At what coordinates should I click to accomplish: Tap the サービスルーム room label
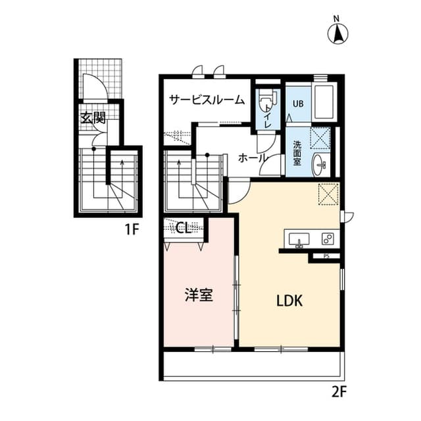[207, 100]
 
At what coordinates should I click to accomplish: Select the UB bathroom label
[298, 103]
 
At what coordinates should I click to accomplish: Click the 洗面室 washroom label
[297, 154]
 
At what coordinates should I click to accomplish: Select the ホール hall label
[253, 158]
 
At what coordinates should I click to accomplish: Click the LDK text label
[288, 301]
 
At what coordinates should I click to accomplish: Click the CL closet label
[183, 228]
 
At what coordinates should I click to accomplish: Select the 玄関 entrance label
[93, 119]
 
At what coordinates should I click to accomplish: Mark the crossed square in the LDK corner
[328, 194]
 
